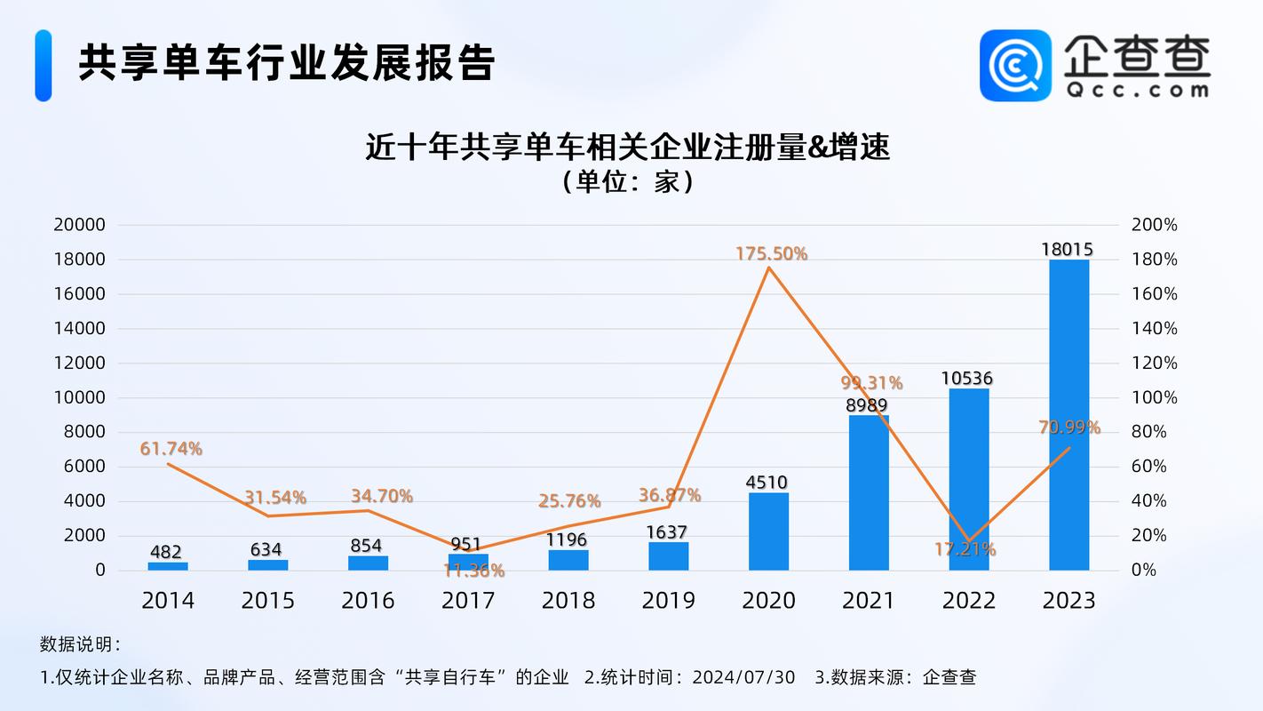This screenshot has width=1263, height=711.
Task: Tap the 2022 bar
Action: (968, 479)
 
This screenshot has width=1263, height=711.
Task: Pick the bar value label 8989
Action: (868, 405)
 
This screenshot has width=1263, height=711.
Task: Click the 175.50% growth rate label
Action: (771, 254)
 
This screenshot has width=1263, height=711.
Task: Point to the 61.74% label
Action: (171, 449)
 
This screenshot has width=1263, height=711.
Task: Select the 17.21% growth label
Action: (965, 549)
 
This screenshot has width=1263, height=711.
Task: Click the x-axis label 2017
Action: (468, 601)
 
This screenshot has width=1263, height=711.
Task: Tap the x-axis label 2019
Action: (668, 601)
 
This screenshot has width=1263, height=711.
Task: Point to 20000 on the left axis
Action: (80, 225)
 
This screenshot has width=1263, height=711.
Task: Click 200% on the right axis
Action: (1154, 225)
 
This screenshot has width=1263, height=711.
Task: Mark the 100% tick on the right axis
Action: (1154, 397)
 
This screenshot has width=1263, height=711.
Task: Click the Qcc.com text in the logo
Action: (1136, 90)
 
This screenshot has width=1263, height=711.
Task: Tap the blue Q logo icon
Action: (1015, 66)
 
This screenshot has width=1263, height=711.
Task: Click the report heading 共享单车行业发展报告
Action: (286, 64)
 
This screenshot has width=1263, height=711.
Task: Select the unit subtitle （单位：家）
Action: (627, 182)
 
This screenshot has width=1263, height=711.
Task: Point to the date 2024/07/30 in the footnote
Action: (745, 677)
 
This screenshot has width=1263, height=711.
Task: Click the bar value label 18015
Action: (1068, 250)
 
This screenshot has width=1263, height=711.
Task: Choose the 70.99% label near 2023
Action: (1069, 427)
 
